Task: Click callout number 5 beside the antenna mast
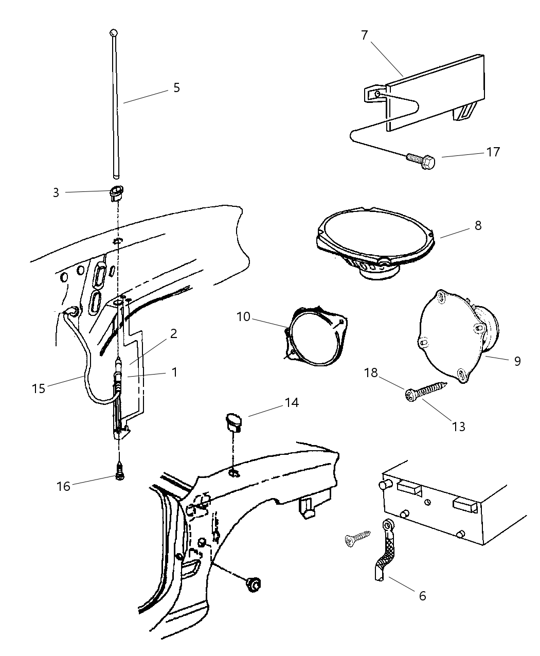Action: pos(176,87)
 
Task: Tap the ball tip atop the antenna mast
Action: pos(114,33)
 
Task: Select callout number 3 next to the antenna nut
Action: pos(56,192)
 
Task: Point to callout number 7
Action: pos(364,35)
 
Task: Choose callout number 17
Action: pos(493,152)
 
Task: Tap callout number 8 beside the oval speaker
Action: pos(478,225)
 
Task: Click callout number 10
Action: pos(243,316)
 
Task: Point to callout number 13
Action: pos(458,426)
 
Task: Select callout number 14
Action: pos(291,402)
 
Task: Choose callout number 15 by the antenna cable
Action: pos(39,388)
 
